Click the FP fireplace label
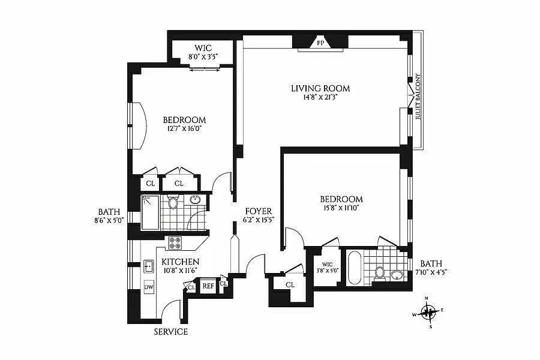320,43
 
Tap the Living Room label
320,89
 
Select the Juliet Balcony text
418,96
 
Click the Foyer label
259,211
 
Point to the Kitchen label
180,262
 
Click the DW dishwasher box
149,287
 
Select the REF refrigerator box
208,286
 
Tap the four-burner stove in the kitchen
175,243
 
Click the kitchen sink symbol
148,266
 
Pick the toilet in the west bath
173,203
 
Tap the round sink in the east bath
397,275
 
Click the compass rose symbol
429,312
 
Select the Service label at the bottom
171,332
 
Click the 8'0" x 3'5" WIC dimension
203,57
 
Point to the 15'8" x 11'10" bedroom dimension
341,208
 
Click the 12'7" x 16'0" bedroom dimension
184,129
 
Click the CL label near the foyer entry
290,285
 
